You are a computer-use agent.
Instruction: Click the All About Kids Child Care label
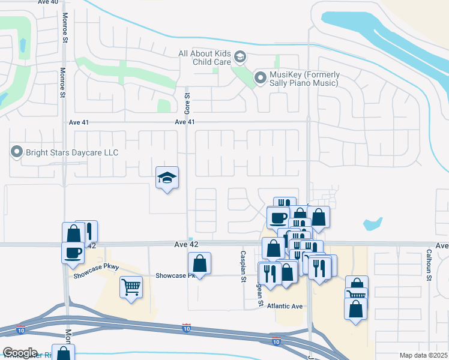click(204, 58)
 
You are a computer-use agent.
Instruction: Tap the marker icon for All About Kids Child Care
click(240, 57)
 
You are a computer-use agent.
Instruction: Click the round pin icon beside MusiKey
click(261, 78)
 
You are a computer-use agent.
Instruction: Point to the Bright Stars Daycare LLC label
click(72, 152)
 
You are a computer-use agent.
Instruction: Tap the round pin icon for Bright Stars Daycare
click(17, 152)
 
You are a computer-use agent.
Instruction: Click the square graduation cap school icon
click(167, 178)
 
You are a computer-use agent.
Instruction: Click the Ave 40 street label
click(48, 2)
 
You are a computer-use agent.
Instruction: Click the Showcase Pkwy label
click(96, 271)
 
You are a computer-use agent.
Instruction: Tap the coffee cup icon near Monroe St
click(73, 252)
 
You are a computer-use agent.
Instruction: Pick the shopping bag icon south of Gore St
click(199, 263)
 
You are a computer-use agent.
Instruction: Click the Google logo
click(20, 353)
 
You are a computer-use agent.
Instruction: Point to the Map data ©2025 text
click(423, 355)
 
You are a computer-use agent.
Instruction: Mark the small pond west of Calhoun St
click(372, 224)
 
